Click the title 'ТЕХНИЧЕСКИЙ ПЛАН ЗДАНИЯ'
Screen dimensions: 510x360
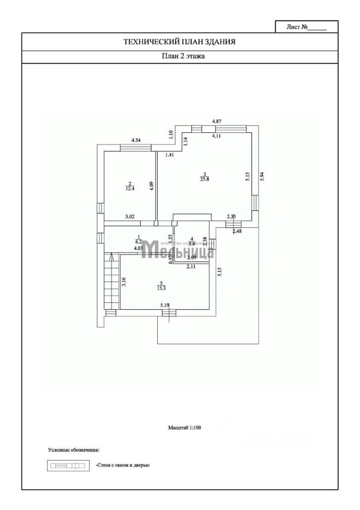click(x=179, y=41)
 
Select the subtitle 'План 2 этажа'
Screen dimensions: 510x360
click(x=179, y=56)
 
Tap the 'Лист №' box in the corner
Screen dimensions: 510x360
click(x=306, y=27)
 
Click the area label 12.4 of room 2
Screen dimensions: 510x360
click(x=130, y=188)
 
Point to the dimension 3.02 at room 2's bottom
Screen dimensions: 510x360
click(x=130, y=217)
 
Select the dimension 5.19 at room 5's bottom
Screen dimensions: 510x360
click(x=166, y=305)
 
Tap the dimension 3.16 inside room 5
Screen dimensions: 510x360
click(x=124, y=282)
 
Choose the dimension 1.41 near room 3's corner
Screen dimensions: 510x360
click(x=169, y=155)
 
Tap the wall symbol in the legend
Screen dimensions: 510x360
click(x=67, y=466)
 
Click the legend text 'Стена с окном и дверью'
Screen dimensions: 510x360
click(x=123, y=465)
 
